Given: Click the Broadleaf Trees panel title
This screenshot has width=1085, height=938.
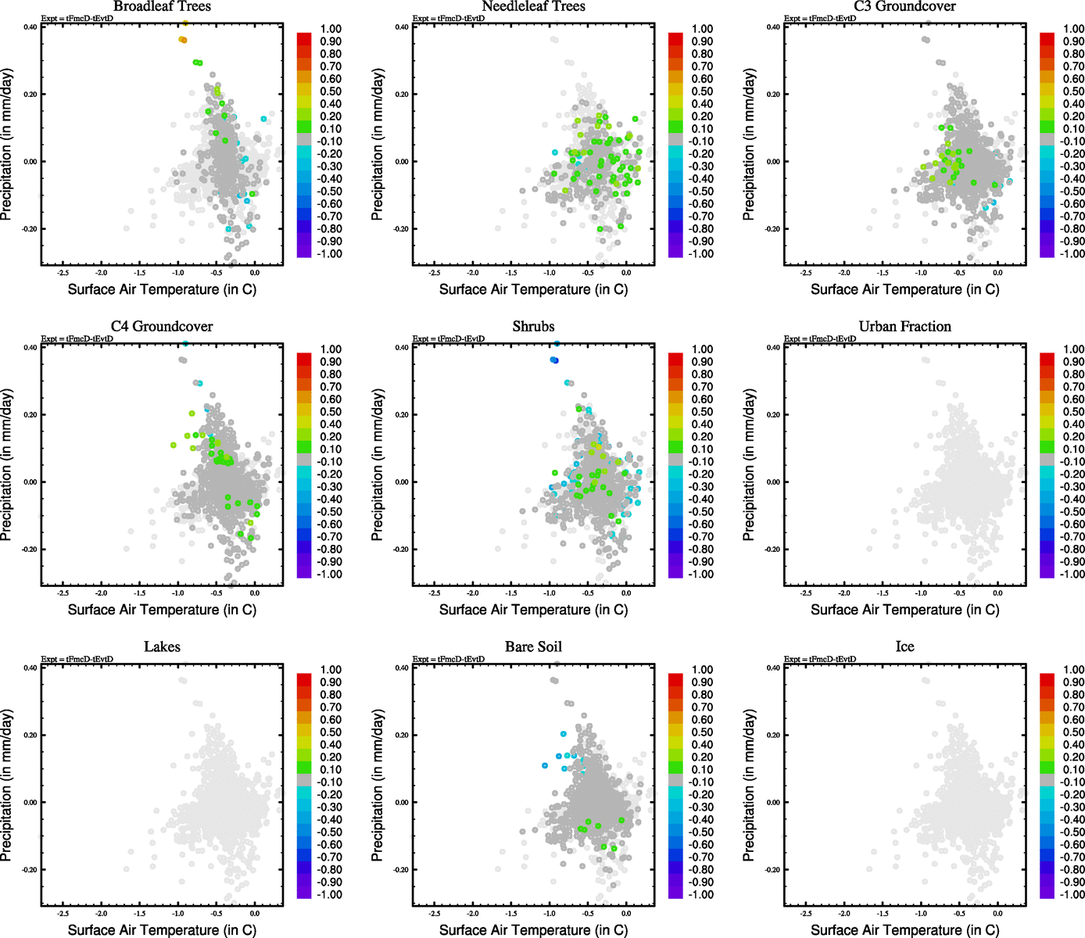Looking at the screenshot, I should [162, 7].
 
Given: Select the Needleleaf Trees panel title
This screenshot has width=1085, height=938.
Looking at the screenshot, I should [533, 7].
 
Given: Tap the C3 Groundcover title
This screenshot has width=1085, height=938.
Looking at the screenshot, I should [904, 7].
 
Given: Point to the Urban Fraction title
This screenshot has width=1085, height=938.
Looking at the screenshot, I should [904, 327].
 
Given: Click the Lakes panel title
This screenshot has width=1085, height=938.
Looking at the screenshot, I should [162, 646].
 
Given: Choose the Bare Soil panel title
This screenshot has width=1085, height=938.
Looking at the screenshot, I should [533, 646].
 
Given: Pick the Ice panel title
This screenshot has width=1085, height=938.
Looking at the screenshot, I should [904, 646].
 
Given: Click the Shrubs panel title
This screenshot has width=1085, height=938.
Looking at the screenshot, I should [533, 327].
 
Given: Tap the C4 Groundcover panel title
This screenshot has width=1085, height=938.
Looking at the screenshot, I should [162, 327].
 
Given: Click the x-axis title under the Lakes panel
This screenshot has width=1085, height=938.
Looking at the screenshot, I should [162, 929].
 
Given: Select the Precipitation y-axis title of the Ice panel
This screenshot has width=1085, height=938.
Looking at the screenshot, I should [749, 785].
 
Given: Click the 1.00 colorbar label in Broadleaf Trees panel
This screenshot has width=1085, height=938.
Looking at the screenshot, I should [331, 29].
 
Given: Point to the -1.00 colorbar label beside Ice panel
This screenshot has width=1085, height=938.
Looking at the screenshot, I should [1071, 894].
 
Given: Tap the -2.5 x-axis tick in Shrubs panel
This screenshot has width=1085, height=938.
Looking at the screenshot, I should [435, 593].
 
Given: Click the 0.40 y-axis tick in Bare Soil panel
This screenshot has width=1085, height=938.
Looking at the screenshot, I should [401, 668].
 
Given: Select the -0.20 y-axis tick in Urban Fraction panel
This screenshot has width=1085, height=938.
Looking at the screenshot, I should [772, 550].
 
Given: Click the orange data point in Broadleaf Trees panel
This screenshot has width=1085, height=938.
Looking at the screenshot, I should [183, 39].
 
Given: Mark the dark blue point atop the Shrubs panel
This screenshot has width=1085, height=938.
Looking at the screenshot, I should [553, 360].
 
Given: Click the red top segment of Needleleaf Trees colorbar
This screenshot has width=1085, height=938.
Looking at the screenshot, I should [675, 38].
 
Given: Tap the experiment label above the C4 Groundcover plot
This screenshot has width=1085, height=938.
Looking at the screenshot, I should [77, 338].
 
